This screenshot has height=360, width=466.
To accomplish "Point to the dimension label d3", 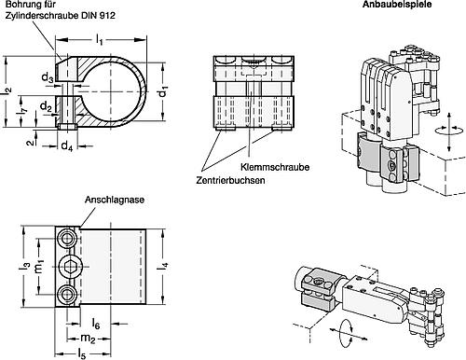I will pyautogui.click(x=48, y=77).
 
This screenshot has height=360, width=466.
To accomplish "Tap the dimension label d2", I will pyautogui.click(x=46, y=107).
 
